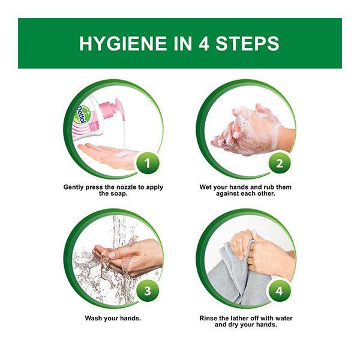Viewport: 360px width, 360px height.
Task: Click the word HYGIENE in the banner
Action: pyautogui.click(x=124, y=43)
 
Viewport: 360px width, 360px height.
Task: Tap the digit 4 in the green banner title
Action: pyautogui.click(x=203, y=43)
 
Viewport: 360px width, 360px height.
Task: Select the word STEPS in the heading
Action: pyautogui.click(x=247, y=43)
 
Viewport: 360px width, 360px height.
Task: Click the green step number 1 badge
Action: pyautogui.click(x=148, y=163)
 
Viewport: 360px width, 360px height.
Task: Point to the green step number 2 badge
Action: pyautogui.click(x=280, y=163)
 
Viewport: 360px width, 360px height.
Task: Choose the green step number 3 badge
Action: pyautogui.click(x=148, y=291)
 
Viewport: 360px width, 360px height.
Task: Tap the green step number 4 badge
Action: pyautogui.click(x=280, y=291)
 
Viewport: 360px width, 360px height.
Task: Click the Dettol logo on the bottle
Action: pyautogui.click(x=81, y=115)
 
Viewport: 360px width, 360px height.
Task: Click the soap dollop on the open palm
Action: pyautogui.click(x=124, y=152)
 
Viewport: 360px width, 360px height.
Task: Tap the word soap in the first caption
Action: pyautogui.click(x=119, y=194)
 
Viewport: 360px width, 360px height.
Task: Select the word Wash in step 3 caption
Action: pyautogui.click(x=94, y=318)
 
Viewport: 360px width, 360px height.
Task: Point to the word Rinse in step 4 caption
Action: pyautogui.click(x=208, y=318)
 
